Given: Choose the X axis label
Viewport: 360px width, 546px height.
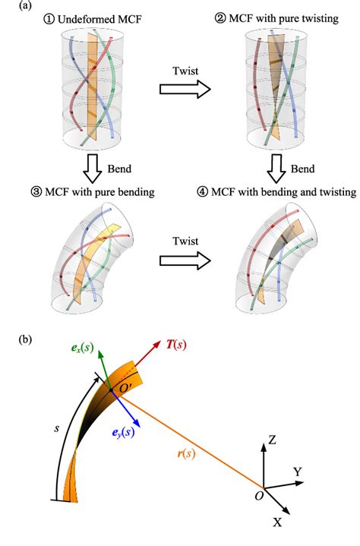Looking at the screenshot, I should click(x=278, y=523).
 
